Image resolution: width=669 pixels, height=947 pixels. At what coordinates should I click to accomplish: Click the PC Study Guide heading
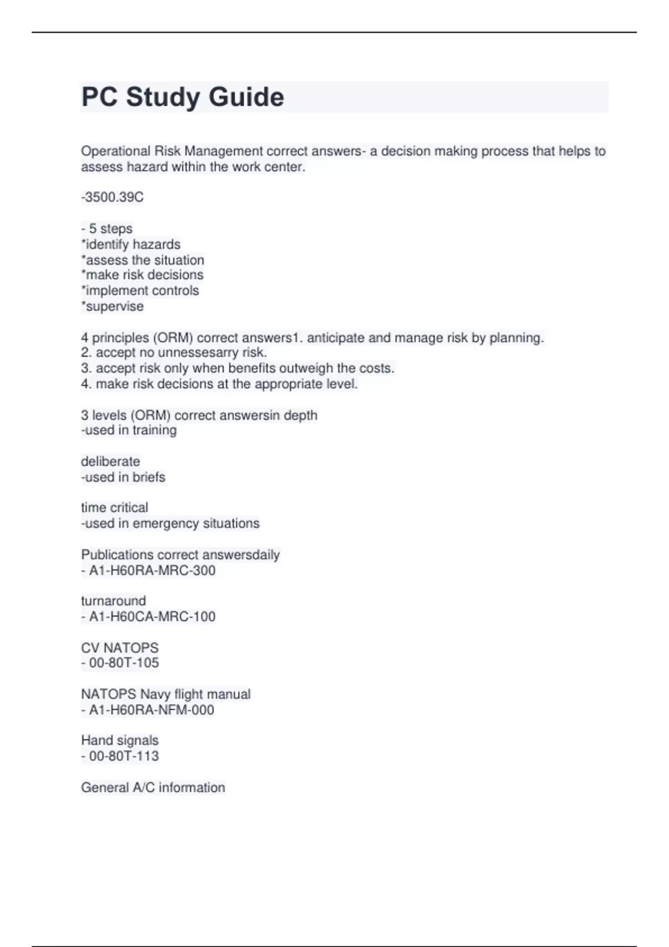183,97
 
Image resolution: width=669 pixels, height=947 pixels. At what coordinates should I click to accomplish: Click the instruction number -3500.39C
113,197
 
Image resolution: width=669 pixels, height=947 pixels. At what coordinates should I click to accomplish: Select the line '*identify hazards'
131,245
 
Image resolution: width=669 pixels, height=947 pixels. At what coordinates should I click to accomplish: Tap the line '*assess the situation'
143,260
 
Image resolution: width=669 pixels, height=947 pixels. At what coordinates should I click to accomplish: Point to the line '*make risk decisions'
142,275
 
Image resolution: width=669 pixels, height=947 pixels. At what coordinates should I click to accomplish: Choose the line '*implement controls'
140,291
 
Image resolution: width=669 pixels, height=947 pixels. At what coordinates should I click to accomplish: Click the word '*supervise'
113,306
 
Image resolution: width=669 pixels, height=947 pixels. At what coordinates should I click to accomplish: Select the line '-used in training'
129,430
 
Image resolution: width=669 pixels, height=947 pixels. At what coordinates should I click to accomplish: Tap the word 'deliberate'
110,461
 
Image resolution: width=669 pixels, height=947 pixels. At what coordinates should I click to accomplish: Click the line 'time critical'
115,507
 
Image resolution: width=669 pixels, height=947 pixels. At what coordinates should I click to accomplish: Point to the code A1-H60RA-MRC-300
152,570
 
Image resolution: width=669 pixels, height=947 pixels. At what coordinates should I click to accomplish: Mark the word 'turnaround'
114,601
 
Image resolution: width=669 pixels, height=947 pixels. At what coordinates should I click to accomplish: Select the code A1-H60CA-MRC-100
152,617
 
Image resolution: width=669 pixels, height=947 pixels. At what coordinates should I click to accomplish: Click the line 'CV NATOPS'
120,648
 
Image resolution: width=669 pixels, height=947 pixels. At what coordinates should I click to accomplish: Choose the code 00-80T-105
124,663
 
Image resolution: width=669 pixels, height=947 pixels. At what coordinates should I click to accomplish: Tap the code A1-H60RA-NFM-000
152,710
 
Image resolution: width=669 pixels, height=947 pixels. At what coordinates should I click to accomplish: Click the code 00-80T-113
124,756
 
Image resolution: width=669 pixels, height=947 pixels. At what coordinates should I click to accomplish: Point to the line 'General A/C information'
153,788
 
